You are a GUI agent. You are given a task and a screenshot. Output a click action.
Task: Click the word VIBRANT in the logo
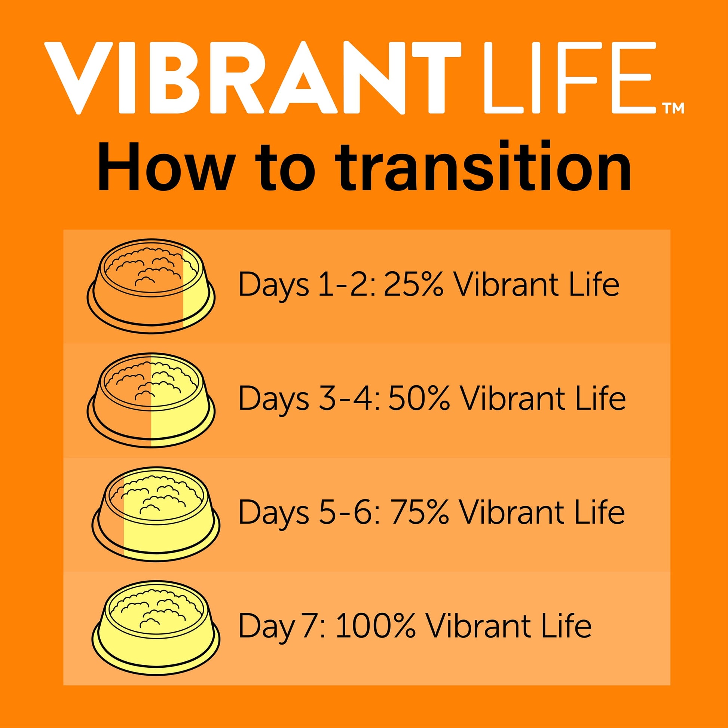[x=253, y=78]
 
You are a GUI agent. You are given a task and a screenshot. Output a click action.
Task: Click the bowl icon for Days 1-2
[x=151, y=286]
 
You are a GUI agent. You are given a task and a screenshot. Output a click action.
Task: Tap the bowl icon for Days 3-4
[x=151, y=400]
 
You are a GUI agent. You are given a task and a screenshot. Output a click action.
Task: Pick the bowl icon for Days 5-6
[x=156, y=515]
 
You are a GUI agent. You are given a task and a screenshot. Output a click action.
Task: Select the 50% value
[x=419, y=398]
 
